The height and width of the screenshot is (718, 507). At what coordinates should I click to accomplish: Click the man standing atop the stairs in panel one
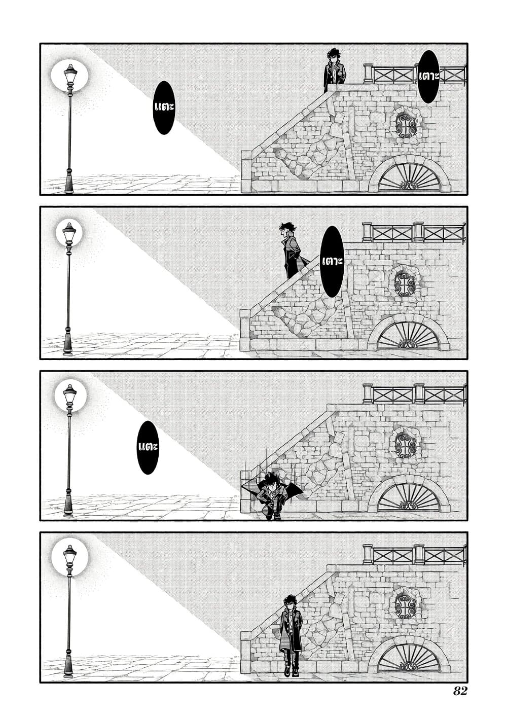pos(335,70)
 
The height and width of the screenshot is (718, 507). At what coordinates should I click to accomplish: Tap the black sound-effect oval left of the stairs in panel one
pos(164,107)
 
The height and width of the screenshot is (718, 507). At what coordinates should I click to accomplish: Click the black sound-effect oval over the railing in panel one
pos(428,77)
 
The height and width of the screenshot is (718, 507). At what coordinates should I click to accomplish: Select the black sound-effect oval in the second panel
pos(332,261)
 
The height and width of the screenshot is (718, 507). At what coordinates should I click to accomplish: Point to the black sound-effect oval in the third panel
pos(148,447)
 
